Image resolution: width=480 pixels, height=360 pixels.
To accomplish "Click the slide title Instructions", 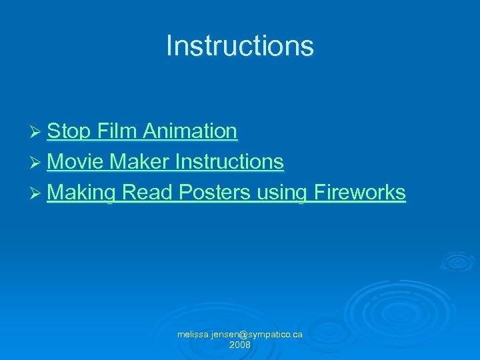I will [x=239, y=46].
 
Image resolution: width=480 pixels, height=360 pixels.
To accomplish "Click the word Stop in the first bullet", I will [x=69, y=131].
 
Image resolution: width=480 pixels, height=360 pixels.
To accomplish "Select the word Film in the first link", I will [x=117, y=131].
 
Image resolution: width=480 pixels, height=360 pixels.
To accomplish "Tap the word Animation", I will [x=189, y=131].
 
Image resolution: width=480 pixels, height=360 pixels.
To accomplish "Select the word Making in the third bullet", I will [x=82, y=193].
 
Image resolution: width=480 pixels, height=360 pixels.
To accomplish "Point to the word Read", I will [x=147, y=193].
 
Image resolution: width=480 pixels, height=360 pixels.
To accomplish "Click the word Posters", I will [x=214, y=193].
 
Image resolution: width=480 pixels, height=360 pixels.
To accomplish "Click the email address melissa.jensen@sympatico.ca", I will [x=239, y=334].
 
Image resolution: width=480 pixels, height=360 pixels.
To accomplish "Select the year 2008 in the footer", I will [x=239, y=345].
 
